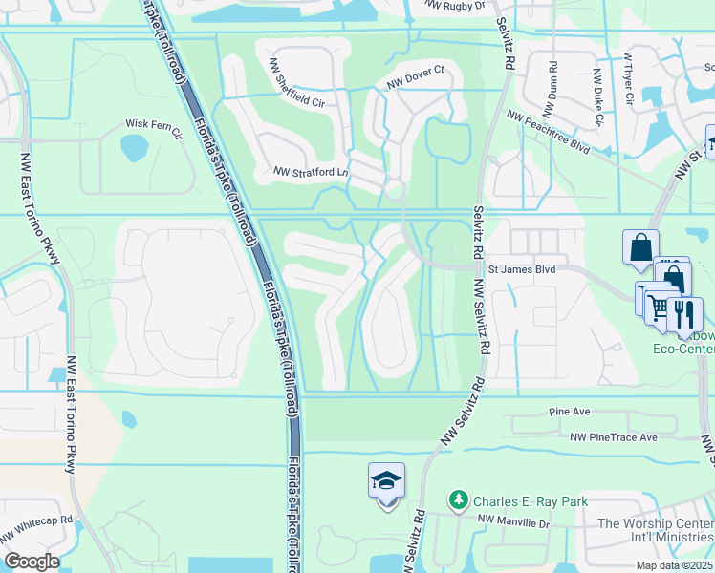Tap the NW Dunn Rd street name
coord(552,85)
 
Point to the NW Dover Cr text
coord(416,76)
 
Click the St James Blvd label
coord(522,270)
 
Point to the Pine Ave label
coord(571,412)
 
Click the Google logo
coord(31,562)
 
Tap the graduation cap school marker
coord(386,481)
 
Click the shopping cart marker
coord(657,307)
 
